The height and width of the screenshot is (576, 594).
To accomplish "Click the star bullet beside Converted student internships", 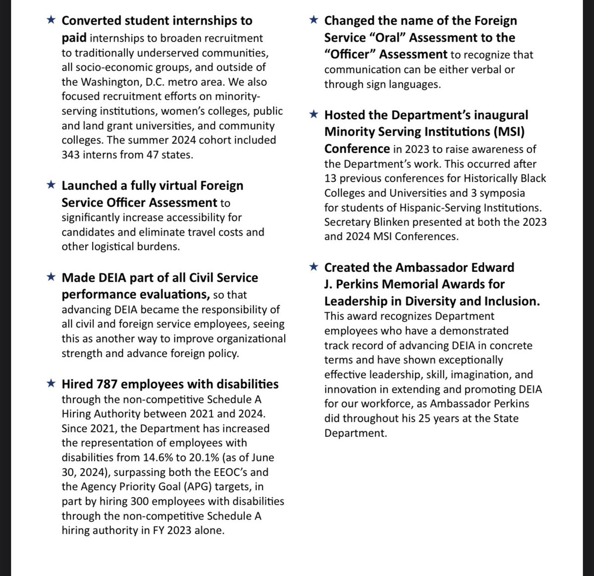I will (x=50, y=20).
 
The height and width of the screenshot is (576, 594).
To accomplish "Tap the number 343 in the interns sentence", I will (x=71, y=155).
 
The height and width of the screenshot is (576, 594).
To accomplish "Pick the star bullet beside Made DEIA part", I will (x=50, y=277).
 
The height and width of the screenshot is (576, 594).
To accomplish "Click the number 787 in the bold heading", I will (x=106, y=384).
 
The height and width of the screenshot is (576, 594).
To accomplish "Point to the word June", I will (x=261, y=458).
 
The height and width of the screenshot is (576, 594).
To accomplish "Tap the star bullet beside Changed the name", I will (x=313, y=20).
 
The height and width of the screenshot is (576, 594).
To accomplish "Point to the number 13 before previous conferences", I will (x=330, y=178).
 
